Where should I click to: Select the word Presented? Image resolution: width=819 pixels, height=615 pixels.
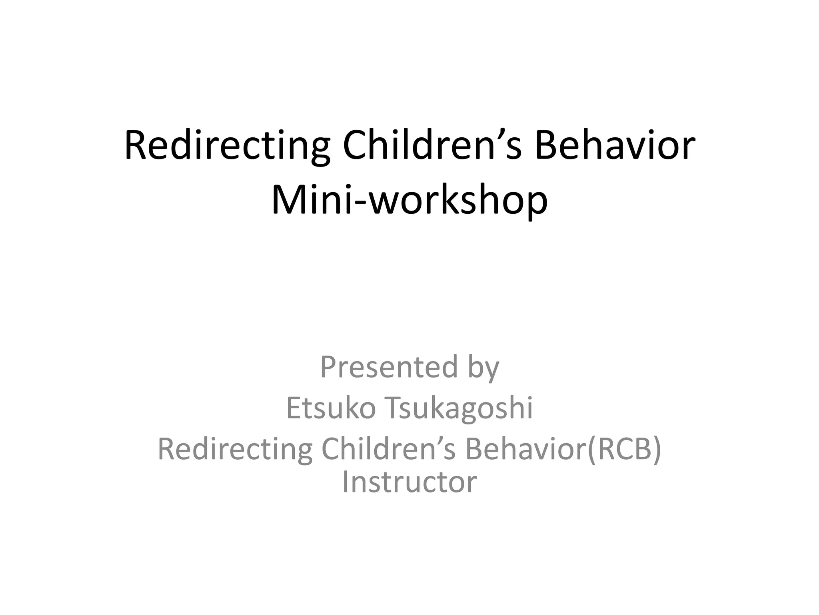389,367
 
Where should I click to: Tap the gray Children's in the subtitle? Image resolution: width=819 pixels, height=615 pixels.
388,449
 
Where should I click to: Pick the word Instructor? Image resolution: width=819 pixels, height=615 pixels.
409,482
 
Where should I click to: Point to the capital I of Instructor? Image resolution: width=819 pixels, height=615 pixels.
345,482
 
